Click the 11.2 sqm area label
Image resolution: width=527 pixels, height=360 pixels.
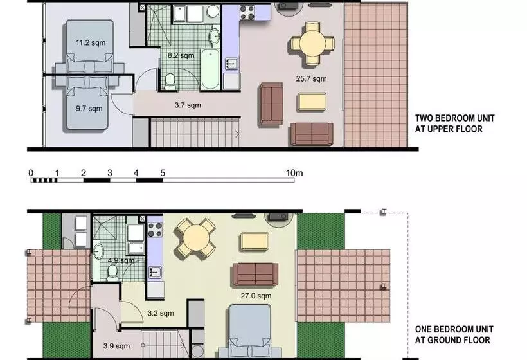tap(91, 43)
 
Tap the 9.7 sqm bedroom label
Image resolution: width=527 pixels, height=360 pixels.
tap(88, 109)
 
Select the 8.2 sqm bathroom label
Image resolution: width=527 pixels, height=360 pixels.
tap(181, 56)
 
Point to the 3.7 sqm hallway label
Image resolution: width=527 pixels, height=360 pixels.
tap(188, 105)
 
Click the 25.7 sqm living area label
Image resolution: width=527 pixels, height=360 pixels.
tap(311, 79)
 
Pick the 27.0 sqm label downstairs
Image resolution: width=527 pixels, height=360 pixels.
tap(256, 296)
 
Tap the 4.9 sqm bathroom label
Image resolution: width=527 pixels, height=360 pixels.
tap(121, 261)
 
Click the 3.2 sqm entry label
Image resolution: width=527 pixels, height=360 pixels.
tap(161, 314)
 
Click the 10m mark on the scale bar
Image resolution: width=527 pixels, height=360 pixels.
tap(294, 173)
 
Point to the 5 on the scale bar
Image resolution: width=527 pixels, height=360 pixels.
tap(163, 173)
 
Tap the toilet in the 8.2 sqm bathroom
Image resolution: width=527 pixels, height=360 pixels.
tap(170, 80)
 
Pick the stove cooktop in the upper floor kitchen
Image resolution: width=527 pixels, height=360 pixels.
tap(247, 12)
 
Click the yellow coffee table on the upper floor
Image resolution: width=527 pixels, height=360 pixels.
tap(312, 101)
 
